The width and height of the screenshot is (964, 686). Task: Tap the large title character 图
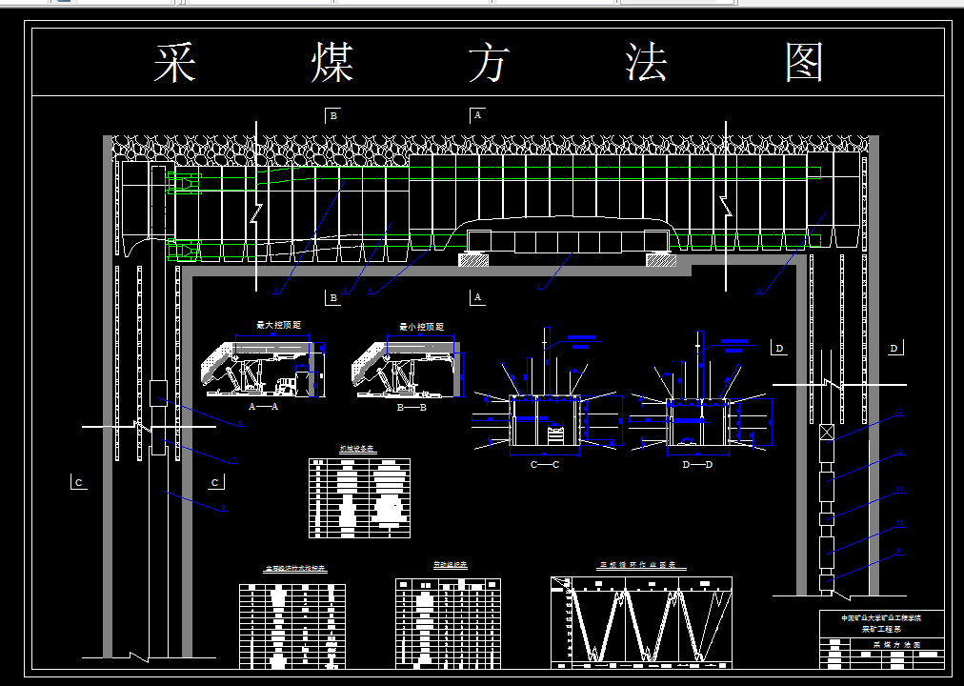coord(805,64)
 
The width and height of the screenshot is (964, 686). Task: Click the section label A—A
coord(262,407)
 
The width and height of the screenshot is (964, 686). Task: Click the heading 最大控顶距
coord(278,326)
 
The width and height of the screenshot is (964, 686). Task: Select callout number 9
coord(898,552)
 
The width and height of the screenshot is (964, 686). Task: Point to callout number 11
coord(898,489)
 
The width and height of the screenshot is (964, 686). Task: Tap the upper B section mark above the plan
coord(333,115)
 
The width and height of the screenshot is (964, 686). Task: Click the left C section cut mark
coord(78,483)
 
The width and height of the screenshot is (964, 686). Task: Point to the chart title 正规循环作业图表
coord(642,565)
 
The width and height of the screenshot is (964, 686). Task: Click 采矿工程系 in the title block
coord(881,630)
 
